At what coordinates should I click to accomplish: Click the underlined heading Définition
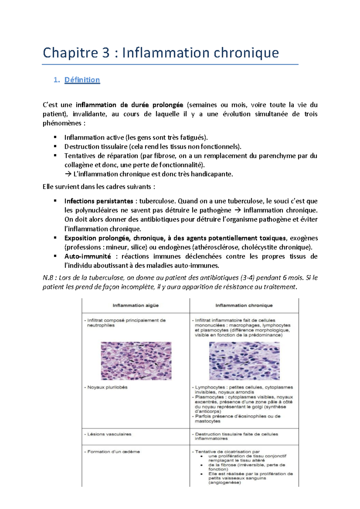82,80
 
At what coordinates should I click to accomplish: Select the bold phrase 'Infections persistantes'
99,201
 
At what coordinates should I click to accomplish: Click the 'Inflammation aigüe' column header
136,305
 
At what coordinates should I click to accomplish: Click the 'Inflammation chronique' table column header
244,305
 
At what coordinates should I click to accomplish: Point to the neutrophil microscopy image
136,361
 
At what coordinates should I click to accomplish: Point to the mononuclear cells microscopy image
244,361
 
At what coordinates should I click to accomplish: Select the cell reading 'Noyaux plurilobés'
107,387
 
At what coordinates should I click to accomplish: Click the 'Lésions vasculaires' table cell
109,434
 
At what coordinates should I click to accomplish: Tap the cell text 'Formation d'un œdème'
113,452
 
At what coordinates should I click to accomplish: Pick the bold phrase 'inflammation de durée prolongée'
129,105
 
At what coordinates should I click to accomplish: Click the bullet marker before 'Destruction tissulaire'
55,146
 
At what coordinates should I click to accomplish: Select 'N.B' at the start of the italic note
48,278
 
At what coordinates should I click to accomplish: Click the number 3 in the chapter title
106,53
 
